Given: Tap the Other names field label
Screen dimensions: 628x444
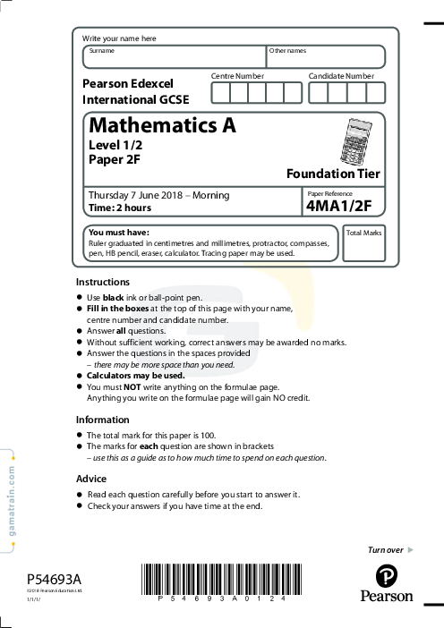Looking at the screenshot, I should click(x=287, y=51).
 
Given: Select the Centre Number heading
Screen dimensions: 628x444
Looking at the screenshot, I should click(x=237, y=77).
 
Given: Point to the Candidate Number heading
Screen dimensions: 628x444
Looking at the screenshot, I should click(x=341, y=77).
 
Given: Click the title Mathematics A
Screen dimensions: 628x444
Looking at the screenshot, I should click(x=162, y=126).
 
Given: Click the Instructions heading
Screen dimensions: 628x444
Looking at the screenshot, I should click(x=103, y=282).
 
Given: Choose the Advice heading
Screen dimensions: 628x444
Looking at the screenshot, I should click(x=91, y=479).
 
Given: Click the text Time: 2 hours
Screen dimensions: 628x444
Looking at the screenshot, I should click(x=120, y=208).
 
